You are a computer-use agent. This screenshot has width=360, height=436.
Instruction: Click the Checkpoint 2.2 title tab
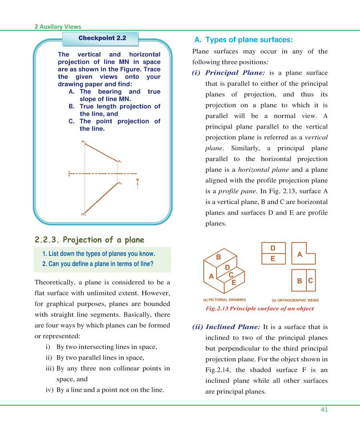pyautogui.click(x=102, y=38)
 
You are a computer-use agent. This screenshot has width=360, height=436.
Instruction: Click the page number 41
pyautogui.click(x=324, y=409)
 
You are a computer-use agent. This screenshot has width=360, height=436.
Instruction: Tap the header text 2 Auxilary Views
pyautogui.click(x=58, y=27)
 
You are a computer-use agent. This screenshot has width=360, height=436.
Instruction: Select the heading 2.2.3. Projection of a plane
pyautogui.click(x=89, y=240)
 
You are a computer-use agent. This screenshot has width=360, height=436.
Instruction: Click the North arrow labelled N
pyautogui.click(x=138, y=184)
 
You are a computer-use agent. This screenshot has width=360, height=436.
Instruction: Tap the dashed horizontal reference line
pyautogui.click(x=104, y=173)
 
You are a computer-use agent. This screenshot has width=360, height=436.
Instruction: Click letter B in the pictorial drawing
pyautogui.click(x=218, y=257)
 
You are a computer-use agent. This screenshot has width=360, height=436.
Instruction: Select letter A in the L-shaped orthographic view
pyautogui.click(x=300, y=254)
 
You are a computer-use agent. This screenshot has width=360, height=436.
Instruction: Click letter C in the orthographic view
pyautogui.click(x=310, y=281)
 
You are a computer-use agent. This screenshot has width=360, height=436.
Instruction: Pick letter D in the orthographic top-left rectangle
pyautogui.click(x=273, y=248)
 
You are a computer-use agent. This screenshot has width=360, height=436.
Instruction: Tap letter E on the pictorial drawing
pyautogui.click(x=234, y=283)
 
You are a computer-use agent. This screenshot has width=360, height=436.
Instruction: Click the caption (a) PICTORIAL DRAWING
pyautogui.click(x=224, y=300)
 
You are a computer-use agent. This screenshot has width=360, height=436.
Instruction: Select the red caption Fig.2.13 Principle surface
pyautogui.click(x=259, y=309)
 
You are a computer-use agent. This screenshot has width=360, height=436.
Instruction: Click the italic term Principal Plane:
pyautogui.click(x=235, y=73)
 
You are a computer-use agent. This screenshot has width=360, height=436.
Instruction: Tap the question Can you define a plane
pyautogui.click(x=98, y=264)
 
